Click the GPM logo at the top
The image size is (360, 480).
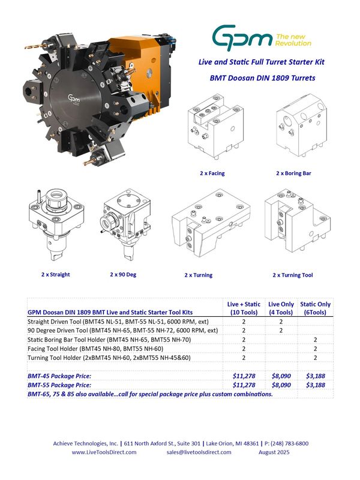tap(262, 38)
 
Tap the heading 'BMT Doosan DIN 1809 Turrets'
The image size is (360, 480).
tap(262, 78)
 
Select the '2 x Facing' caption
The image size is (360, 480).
tap(212, 173)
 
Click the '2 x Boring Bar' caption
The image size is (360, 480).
tap(293, 173)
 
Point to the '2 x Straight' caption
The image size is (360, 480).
tap(55, 274)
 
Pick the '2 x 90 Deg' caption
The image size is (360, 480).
tap(123, 274)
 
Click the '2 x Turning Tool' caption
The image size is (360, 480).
tap(293, 275)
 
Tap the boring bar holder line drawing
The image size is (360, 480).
tap(302, 125)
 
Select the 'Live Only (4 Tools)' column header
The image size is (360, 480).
tap(281, 308)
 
